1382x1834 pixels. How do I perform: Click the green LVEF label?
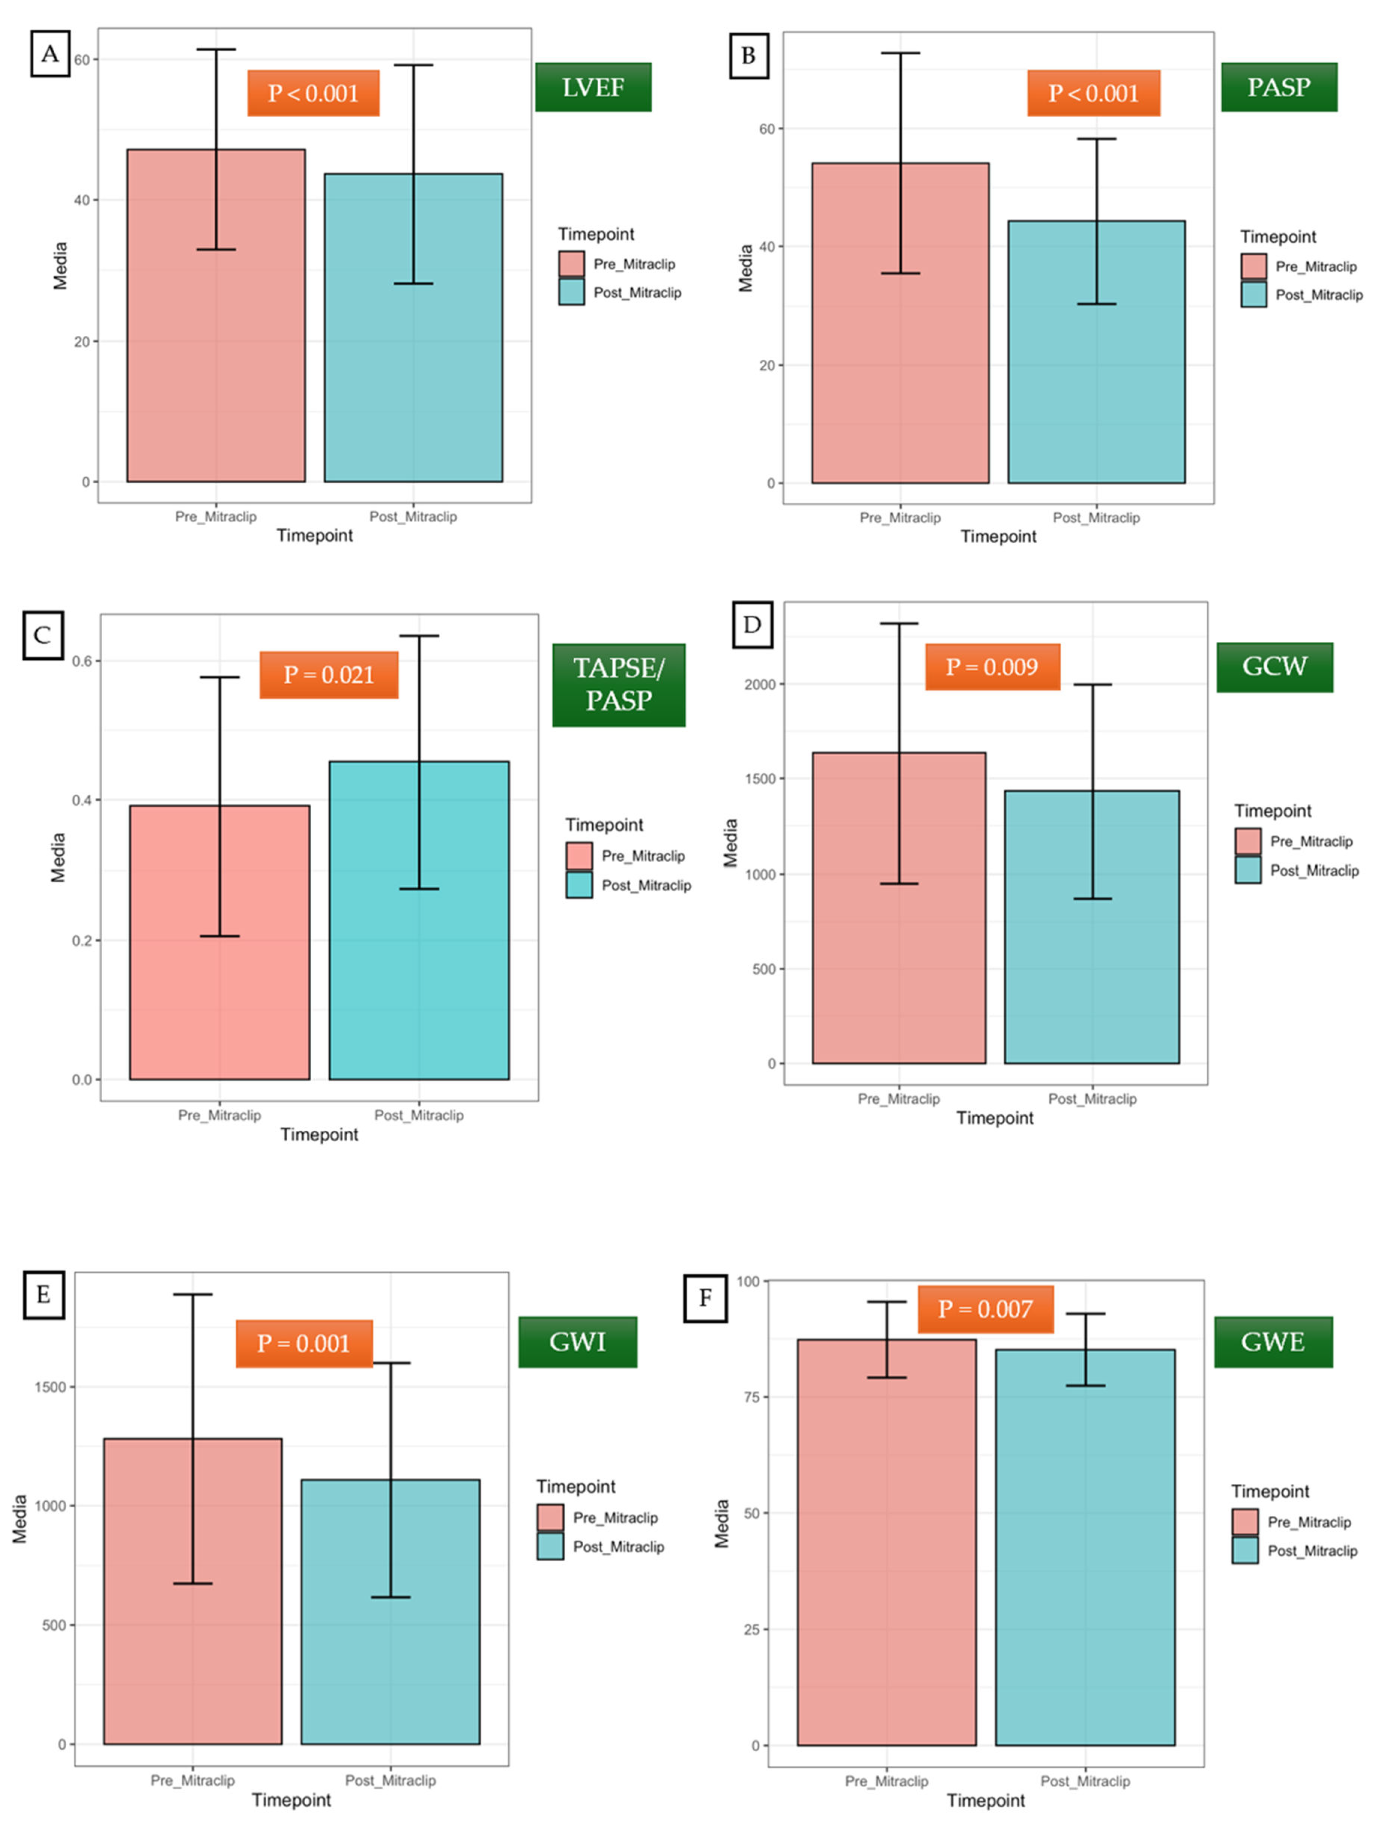coord(593,87)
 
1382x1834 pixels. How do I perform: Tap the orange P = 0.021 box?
coord(328,675)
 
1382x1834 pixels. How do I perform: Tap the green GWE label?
coord(1273,1342)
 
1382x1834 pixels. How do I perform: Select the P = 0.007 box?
coord(985,1309)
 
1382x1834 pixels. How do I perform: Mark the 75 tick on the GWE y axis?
coord(751,1397)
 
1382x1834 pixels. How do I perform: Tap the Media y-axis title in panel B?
coord(745,268)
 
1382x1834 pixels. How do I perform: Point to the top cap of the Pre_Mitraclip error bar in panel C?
coord(220,677)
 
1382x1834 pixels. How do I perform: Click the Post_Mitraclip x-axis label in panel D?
coord(1092,1099)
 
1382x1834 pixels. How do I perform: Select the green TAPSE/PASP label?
coord(619,685)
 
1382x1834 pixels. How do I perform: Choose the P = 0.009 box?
coord(992,667)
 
